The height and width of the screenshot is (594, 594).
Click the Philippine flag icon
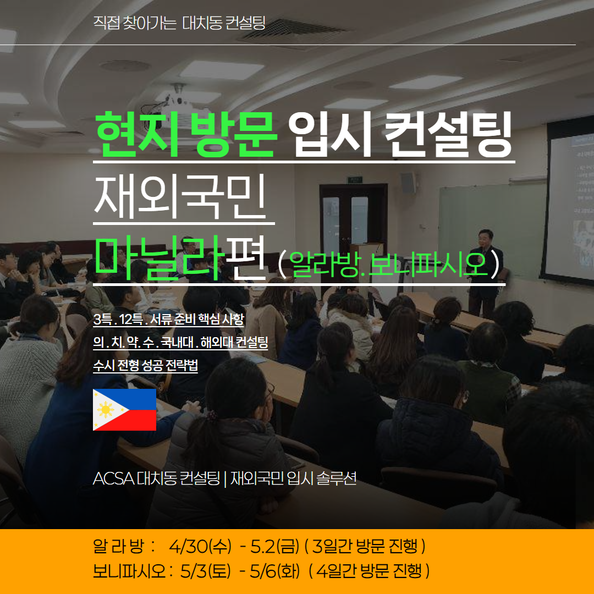124,410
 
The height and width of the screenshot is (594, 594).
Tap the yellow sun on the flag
105,410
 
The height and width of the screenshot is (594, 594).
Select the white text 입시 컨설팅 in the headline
400,135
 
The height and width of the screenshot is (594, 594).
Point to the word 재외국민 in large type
179,197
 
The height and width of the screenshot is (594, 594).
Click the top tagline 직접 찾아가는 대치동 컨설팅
179,23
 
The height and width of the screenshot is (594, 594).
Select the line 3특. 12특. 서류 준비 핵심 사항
169,320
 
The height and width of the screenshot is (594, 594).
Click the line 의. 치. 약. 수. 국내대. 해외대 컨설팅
180,343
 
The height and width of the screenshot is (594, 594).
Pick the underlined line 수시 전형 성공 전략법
145,366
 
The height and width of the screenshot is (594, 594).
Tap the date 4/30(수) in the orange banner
200,546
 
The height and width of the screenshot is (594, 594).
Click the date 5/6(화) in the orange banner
274,571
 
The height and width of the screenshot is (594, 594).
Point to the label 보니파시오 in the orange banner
130,571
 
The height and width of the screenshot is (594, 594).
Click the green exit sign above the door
355,179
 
